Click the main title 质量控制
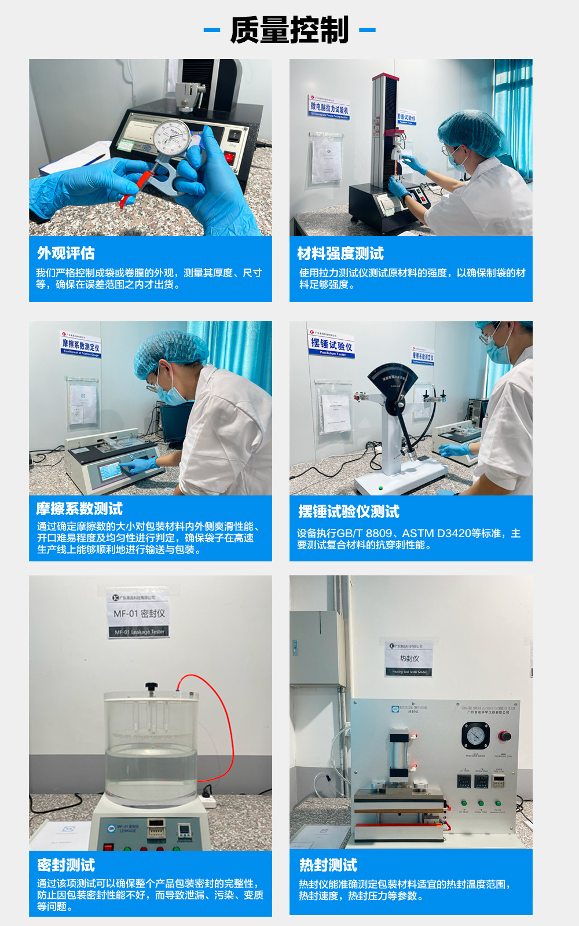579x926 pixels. point(289,30)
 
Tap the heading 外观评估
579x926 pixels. point(65,253)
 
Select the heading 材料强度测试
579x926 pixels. point(340,253)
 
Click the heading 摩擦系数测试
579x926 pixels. point(79,509)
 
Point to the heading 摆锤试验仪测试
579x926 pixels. point(348,512)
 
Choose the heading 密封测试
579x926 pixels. point(65,865)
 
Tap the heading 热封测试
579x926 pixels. point(328,865)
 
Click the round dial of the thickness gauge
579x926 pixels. point(172,137)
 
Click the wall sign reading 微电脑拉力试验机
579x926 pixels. point(329,108)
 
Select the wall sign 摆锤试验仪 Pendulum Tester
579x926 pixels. point(331,346)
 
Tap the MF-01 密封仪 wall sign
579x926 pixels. point(139,614)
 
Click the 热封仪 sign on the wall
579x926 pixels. point(409,659)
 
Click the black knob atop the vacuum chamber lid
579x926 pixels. point(152,687)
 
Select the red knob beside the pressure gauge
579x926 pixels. point(505,736)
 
